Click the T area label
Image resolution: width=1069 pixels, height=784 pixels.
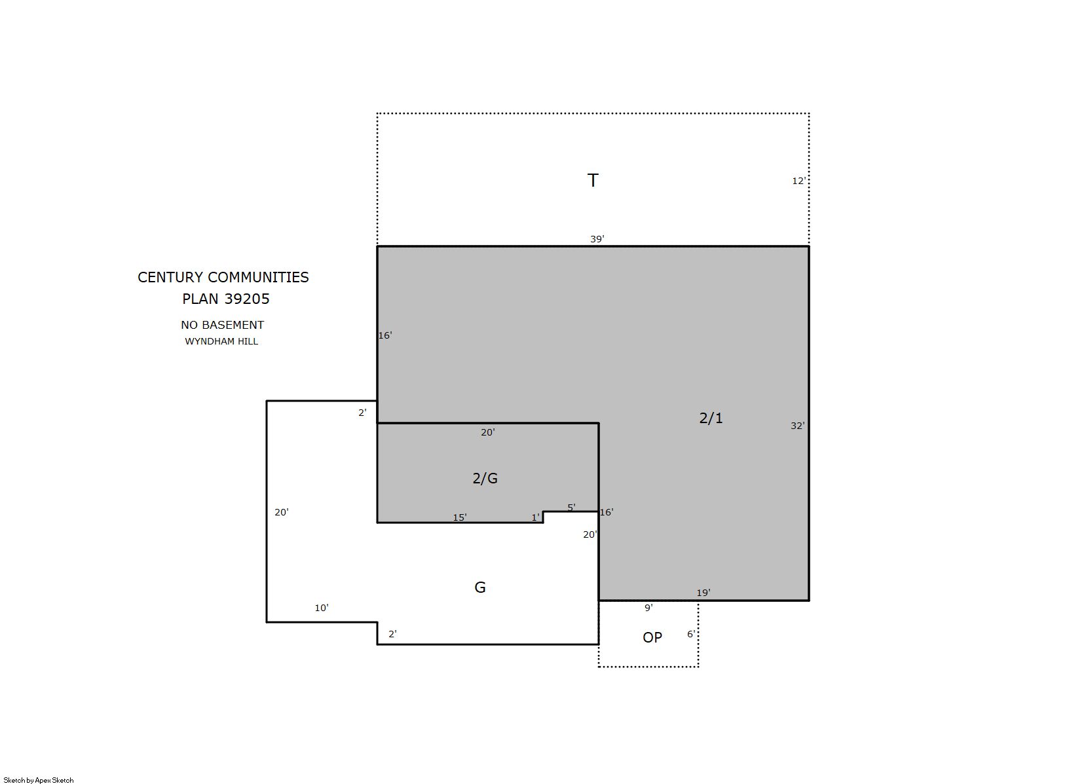click(592, 180)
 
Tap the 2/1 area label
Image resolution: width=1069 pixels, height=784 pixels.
click(711, 418)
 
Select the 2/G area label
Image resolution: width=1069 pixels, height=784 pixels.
click(485, 478)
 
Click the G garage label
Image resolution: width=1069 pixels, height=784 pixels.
click(479, 588)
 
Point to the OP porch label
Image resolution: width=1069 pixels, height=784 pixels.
click(652, 637)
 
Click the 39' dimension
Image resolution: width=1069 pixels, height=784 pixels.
click(597, 238)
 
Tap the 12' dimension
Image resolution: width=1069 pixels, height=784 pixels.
click(799, 181)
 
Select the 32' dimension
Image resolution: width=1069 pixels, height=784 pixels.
click(797, 426)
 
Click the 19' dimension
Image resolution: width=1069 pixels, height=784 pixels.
click(703, 593)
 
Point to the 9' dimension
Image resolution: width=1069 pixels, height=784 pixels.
click(648, 608)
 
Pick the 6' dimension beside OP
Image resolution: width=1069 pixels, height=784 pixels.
click(691, 634)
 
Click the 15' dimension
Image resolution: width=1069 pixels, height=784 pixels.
click(460, 517)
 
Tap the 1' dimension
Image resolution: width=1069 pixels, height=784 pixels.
click(535, 517)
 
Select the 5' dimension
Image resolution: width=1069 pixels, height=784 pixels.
click(571, 507)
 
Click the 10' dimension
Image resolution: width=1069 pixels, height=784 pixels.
click(321, 608)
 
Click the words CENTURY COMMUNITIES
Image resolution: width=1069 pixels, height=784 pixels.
click(223, 277)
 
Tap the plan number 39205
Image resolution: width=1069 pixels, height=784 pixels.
click(247, 299)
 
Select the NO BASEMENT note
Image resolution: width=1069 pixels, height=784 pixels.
click(223, 325)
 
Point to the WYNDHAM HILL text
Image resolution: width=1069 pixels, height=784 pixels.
click(221, 342)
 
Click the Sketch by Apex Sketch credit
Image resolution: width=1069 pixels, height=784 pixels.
click(39, 780)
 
